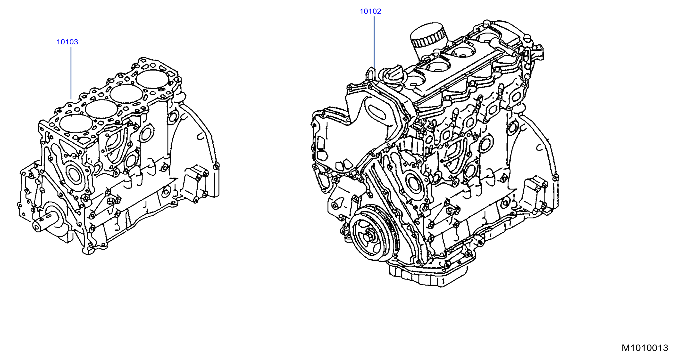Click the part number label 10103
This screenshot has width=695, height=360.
pos(67,42)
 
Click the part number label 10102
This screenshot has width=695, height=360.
pos(370,11)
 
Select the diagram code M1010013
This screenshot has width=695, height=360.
pos(645,348)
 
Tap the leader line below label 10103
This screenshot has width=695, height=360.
pos(71,73)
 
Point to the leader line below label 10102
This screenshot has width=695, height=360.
pos(374,42)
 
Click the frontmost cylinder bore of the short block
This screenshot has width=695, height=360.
pos(76,124)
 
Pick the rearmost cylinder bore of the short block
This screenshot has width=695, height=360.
pos(152,79)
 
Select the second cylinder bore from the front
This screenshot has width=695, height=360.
pos(102,109)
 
